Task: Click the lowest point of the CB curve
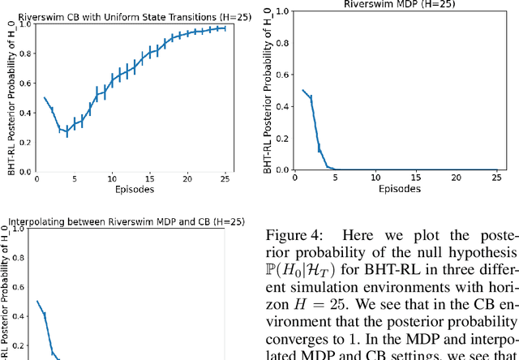66,131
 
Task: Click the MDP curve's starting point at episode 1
303,90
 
